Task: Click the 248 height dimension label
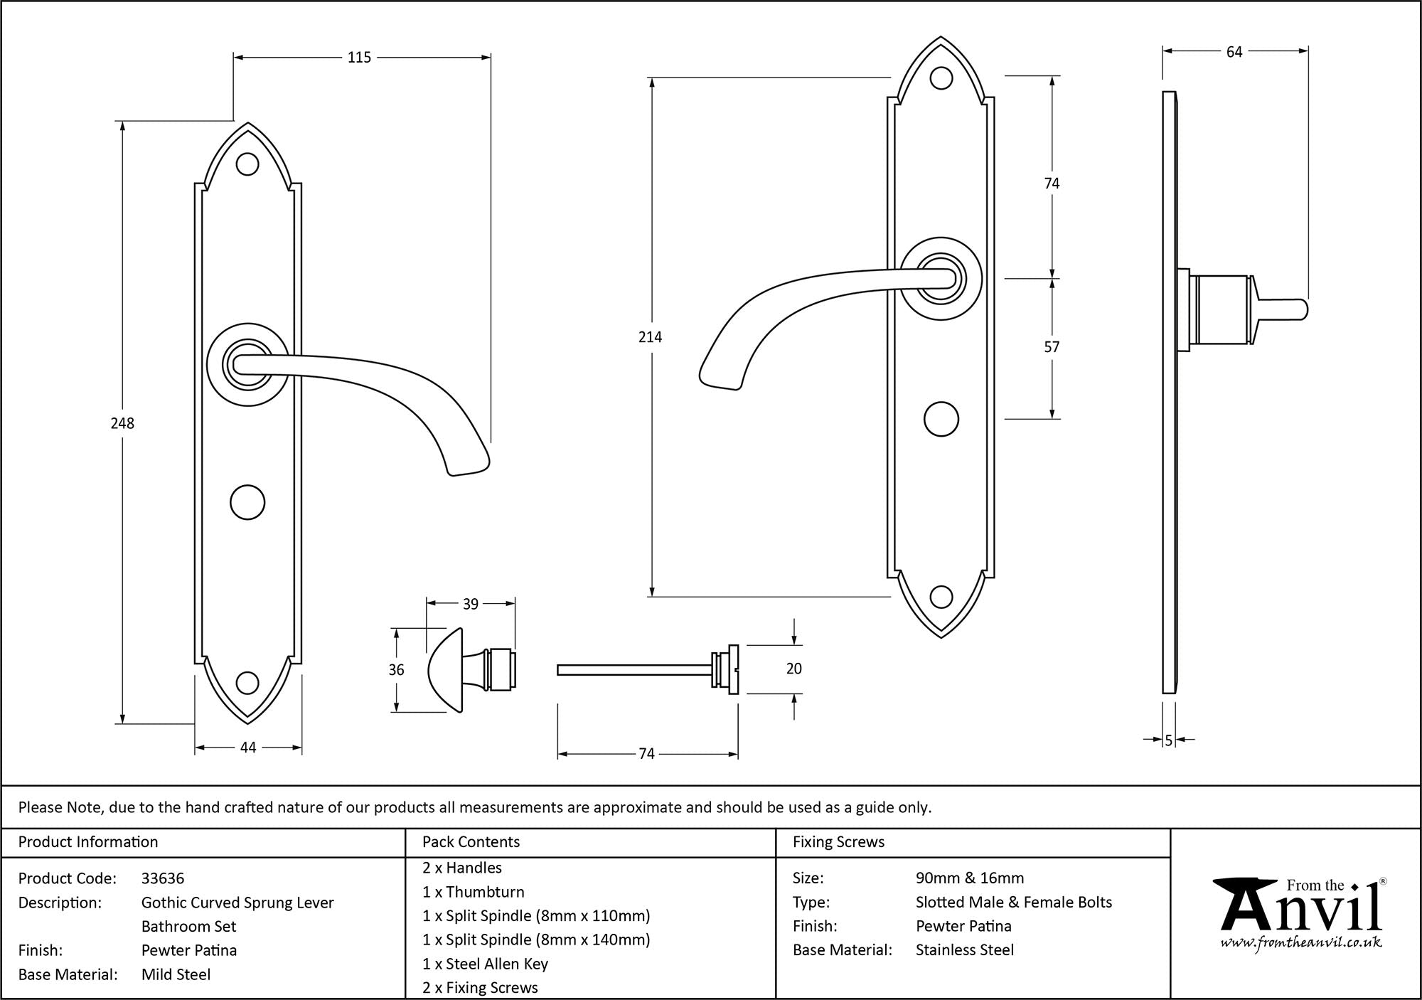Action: tap(122, 423)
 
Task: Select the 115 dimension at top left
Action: tap(359, 58)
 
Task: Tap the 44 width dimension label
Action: tap(247, 748)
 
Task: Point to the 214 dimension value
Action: tap(650, 337)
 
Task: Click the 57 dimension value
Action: tap(1052, 347)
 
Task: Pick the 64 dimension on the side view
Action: tap(1234, 52)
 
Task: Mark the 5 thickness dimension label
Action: tap(1168, 740)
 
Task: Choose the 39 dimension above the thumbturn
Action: tap(471, 604)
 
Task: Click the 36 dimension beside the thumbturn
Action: tap(396, 669)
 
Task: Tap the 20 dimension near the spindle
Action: tap(794, 669)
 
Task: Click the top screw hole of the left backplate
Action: tap(247, 164)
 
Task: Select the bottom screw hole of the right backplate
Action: tap(941, 597)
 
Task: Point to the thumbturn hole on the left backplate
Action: tap(247, 502)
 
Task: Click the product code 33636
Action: tap(163, 878)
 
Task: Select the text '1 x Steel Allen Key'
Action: tap(485, 964)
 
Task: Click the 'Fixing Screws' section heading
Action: tap(838, 842)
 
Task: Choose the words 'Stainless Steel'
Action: tap(965, 950)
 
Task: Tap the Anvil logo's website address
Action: tap(1301, 942)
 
